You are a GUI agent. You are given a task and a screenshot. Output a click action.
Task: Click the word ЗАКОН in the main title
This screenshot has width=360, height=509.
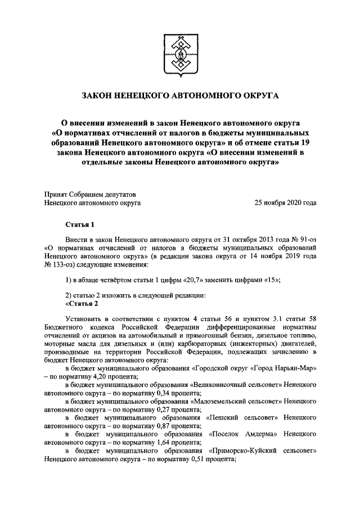click(98, 96)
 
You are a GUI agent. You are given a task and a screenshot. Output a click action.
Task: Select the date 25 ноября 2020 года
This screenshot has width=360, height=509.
click(285, 202)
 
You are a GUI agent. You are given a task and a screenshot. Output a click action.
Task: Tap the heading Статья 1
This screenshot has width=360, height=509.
click(79, 224)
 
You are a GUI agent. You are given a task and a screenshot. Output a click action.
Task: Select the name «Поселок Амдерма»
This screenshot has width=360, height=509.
click(244, 434)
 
